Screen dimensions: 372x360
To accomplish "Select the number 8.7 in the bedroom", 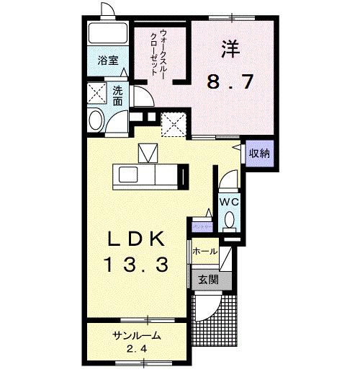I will (230, 81).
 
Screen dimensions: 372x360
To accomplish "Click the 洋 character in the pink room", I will (230, 49).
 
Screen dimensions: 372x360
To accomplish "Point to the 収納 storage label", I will (259, 152).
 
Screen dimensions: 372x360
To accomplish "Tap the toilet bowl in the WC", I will (230, 219).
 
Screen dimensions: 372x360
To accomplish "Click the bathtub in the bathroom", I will (104, 35).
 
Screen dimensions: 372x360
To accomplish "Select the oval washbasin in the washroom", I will (95, 120).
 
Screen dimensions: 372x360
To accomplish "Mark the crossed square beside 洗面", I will (96, 93).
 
